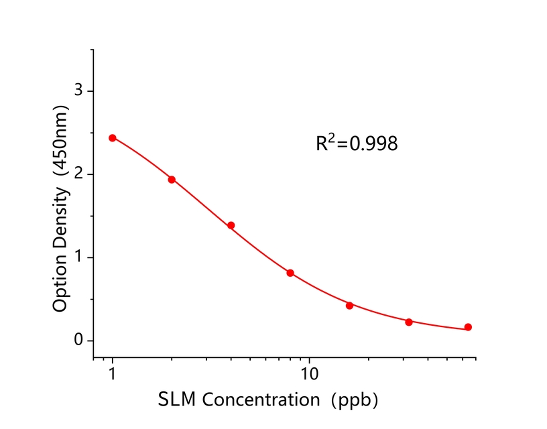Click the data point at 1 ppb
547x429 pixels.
click(x=113, y=138)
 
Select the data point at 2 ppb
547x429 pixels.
click(x=172, y=180)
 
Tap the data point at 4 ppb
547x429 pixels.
click(x=231, y=225)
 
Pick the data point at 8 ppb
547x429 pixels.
click(x=290, y=273)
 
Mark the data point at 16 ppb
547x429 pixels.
click(x=349, y=306)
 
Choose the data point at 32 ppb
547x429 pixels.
click(x=409, y=322)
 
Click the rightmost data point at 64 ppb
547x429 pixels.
click(x=468, y=327)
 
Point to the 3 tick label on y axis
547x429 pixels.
click(x=78, y=90)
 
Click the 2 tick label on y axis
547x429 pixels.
click(x=78, y=174)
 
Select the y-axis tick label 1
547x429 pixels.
click(x=78, y=257)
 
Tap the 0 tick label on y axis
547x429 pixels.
click(x=78, y=341)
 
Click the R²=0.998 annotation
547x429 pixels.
click(x=357, y=143)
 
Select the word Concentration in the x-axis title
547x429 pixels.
click(x=261, y=400)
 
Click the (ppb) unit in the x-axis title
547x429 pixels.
click(x=356, y=400)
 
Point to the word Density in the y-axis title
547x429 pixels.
click(x=60, y=218)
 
